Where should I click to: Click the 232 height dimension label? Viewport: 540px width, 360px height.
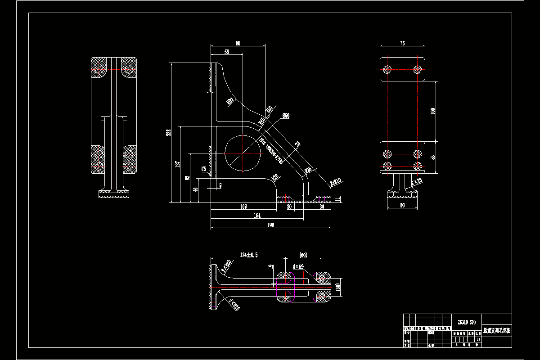point(168,133)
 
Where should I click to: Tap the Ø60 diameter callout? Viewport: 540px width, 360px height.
point(285,116)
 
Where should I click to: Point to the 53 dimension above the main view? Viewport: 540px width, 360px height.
point(226,52)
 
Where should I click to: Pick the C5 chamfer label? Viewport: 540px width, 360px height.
point(204,169)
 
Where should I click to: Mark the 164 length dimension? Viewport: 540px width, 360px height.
point(257,216)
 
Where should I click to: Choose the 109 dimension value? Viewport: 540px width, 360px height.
point(243,207)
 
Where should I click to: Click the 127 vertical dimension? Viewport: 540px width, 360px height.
point(178,164)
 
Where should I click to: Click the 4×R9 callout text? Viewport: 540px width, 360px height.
point(298,266)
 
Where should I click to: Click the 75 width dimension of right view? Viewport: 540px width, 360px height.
point(402,43)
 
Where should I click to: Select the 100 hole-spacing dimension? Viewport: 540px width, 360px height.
point(433,111)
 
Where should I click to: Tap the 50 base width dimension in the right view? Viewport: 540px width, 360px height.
point(402,205)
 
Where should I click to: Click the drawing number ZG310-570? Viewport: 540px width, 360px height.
point(466,322)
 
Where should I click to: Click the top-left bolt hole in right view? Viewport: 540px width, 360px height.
point(387,69)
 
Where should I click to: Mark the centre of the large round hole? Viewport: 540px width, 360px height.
point(243,153)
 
